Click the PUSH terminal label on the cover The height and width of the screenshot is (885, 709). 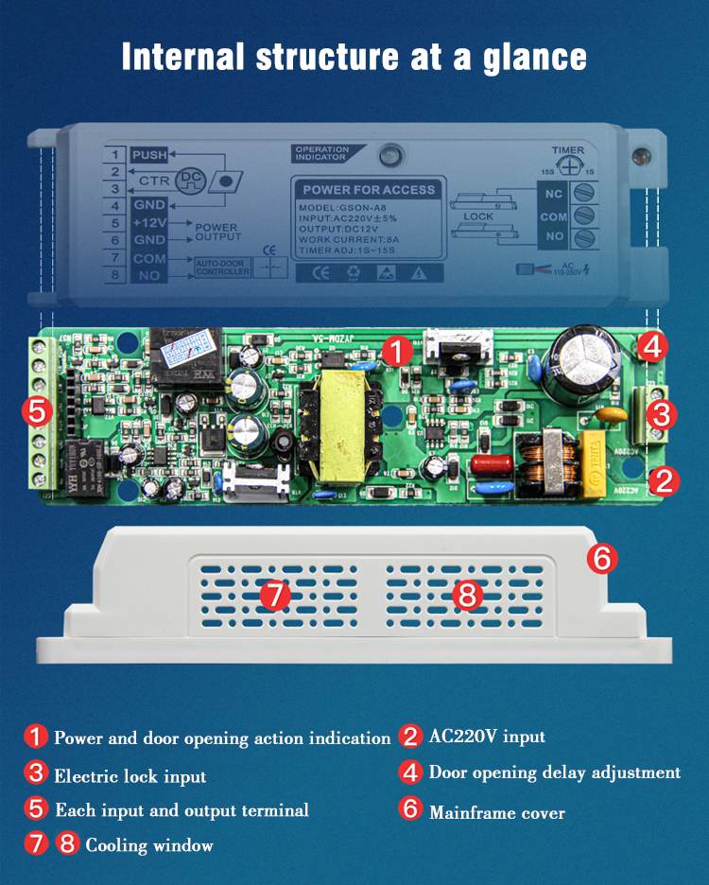pyautogui.click(x=148, y=155)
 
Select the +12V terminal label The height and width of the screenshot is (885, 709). pyautogui.click(x=148, y=223)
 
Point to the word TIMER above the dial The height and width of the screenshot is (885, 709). pyautogui.click(x=568, y=150)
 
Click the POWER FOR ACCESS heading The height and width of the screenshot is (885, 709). pyautogui.click(x=369, y=189)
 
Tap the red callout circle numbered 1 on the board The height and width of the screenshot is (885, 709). pyautogui.click(x=398, y=352)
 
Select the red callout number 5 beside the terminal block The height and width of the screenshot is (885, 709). pyautogui.click(x=37, y=410)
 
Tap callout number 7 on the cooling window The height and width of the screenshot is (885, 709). pyautogui.click(x=273, y=595)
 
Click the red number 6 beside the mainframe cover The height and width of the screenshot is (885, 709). pyautogui.click(x=602, y=558)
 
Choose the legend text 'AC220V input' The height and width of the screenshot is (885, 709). pyautogui.click(x=486, y=737)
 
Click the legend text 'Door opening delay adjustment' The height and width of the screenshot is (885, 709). pyautogui.click(x=554, y=772)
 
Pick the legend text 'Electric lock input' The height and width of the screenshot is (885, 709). pyautogui.click(x=130, y=776)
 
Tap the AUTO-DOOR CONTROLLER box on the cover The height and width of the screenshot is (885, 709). pyautogui.click(x=223, y=268)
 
